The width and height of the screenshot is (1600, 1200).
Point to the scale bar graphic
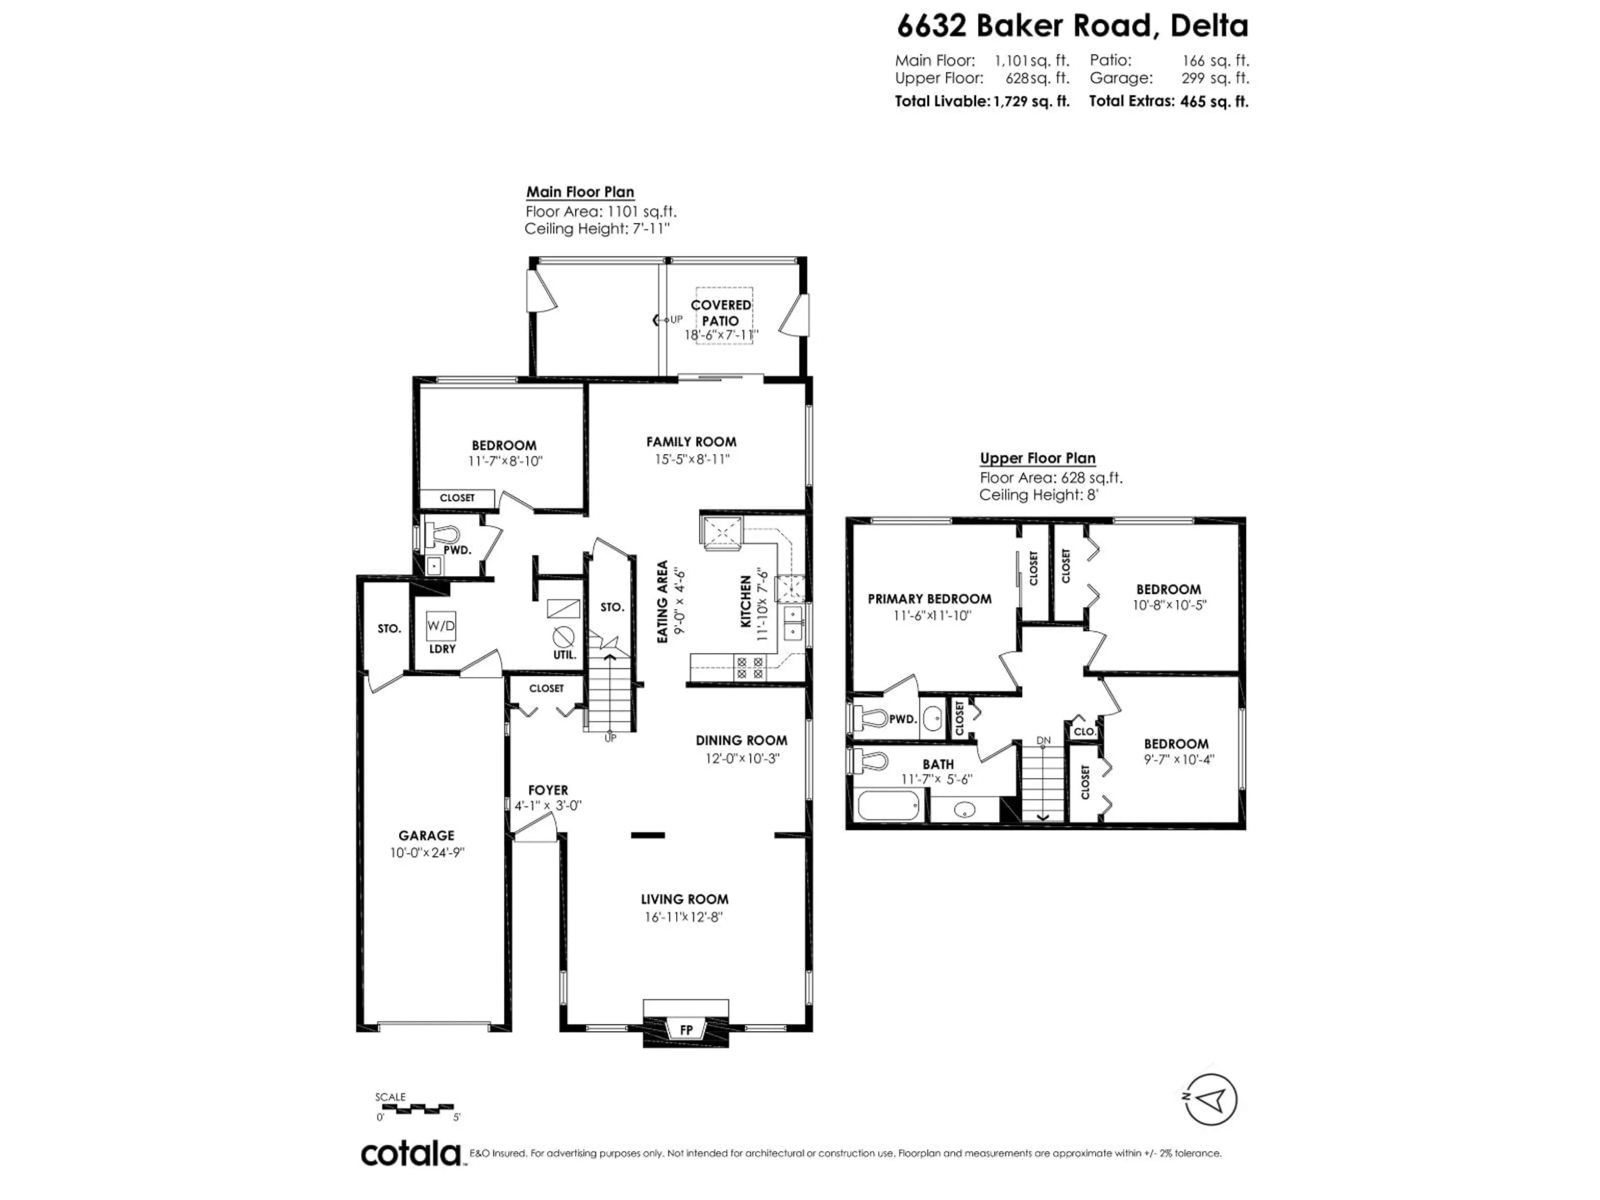(415, 1107)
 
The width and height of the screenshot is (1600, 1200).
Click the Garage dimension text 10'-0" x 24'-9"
(427, 853)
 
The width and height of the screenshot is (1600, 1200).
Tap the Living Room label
(684, 899)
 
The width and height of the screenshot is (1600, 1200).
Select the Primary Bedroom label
(930, 599)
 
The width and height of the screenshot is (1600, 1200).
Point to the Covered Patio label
(720, 312)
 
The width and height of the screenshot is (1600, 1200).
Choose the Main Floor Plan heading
(580, 192)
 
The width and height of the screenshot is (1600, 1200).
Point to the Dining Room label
(741, 741)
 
